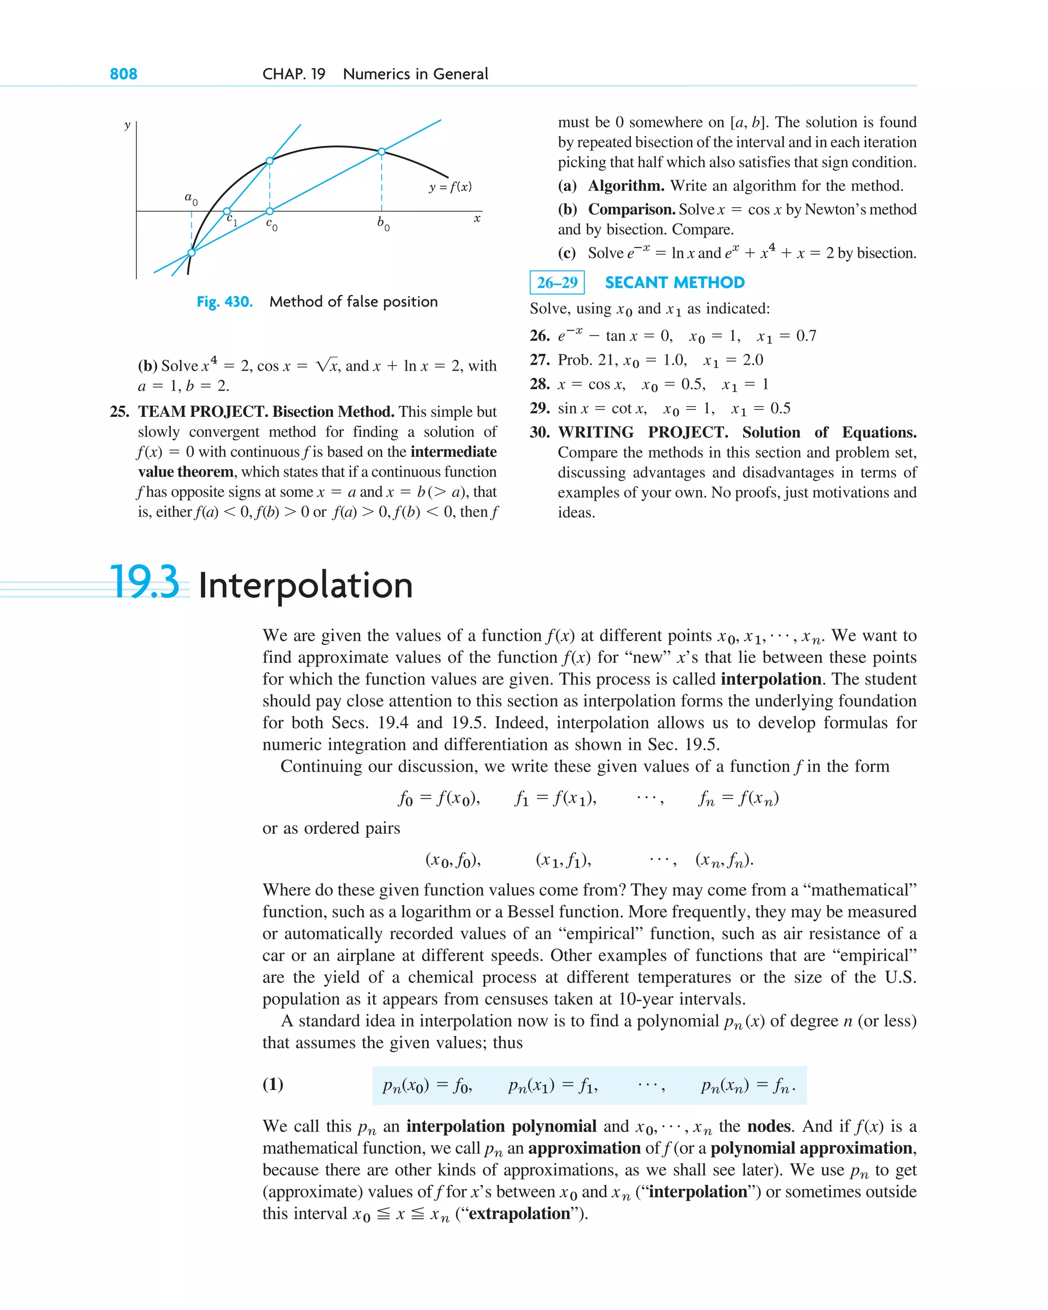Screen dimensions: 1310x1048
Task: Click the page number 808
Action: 123,74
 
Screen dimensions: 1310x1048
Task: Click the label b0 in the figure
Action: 383,224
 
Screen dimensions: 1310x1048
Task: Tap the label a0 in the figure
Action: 191,198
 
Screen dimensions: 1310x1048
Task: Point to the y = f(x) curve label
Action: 450,187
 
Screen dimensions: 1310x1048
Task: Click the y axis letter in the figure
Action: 127,125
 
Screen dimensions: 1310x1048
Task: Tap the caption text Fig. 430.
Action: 224,302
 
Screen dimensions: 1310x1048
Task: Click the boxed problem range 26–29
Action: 557,282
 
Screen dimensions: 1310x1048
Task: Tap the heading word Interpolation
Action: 305,586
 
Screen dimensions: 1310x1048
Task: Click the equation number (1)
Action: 273,1084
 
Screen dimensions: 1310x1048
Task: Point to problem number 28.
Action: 539,385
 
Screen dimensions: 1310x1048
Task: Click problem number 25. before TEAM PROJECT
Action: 119,412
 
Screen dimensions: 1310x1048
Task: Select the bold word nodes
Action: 769,1126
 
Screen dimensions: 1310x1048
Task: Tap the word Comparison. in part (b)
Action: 631,210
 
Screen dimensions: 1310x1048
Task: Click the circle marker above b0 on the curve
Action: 381,151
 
